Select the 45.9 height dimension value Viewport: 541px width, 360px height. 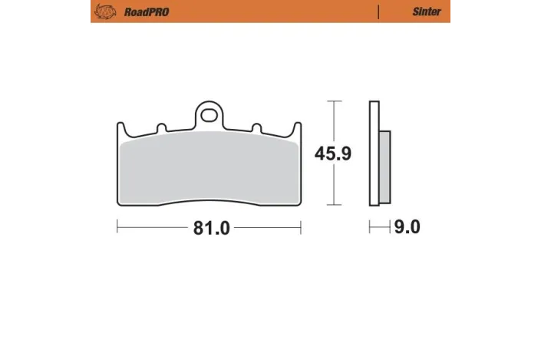pyautogui.click(x=333, y=154)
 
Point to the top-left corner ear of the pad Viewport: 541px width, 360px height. pyautogui.click(x=122, y=127)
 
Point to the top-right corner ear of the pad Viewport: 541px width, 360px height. pyautogui.click(x=295, y=127)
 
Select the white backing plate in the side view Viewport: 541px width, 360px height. pyautogui.click(x=374, y=154)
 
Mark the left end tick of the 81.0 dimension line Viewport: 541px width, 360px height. pyautogui.click(x=117, y=228)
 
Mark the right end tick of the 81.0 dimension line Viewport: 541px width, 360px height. pyautogui.click(x=300, y=228)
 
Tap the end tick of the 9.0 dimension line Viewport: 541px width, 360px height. pyautogui.click(x=370, y=228)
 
